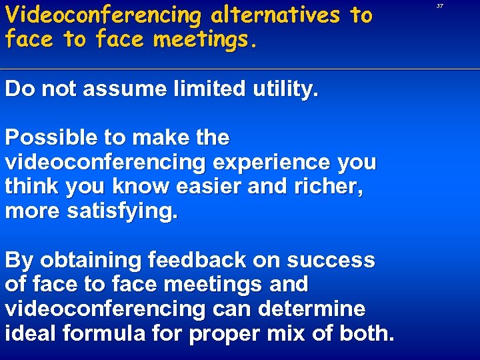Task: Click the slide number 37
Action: pos(440,5)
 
